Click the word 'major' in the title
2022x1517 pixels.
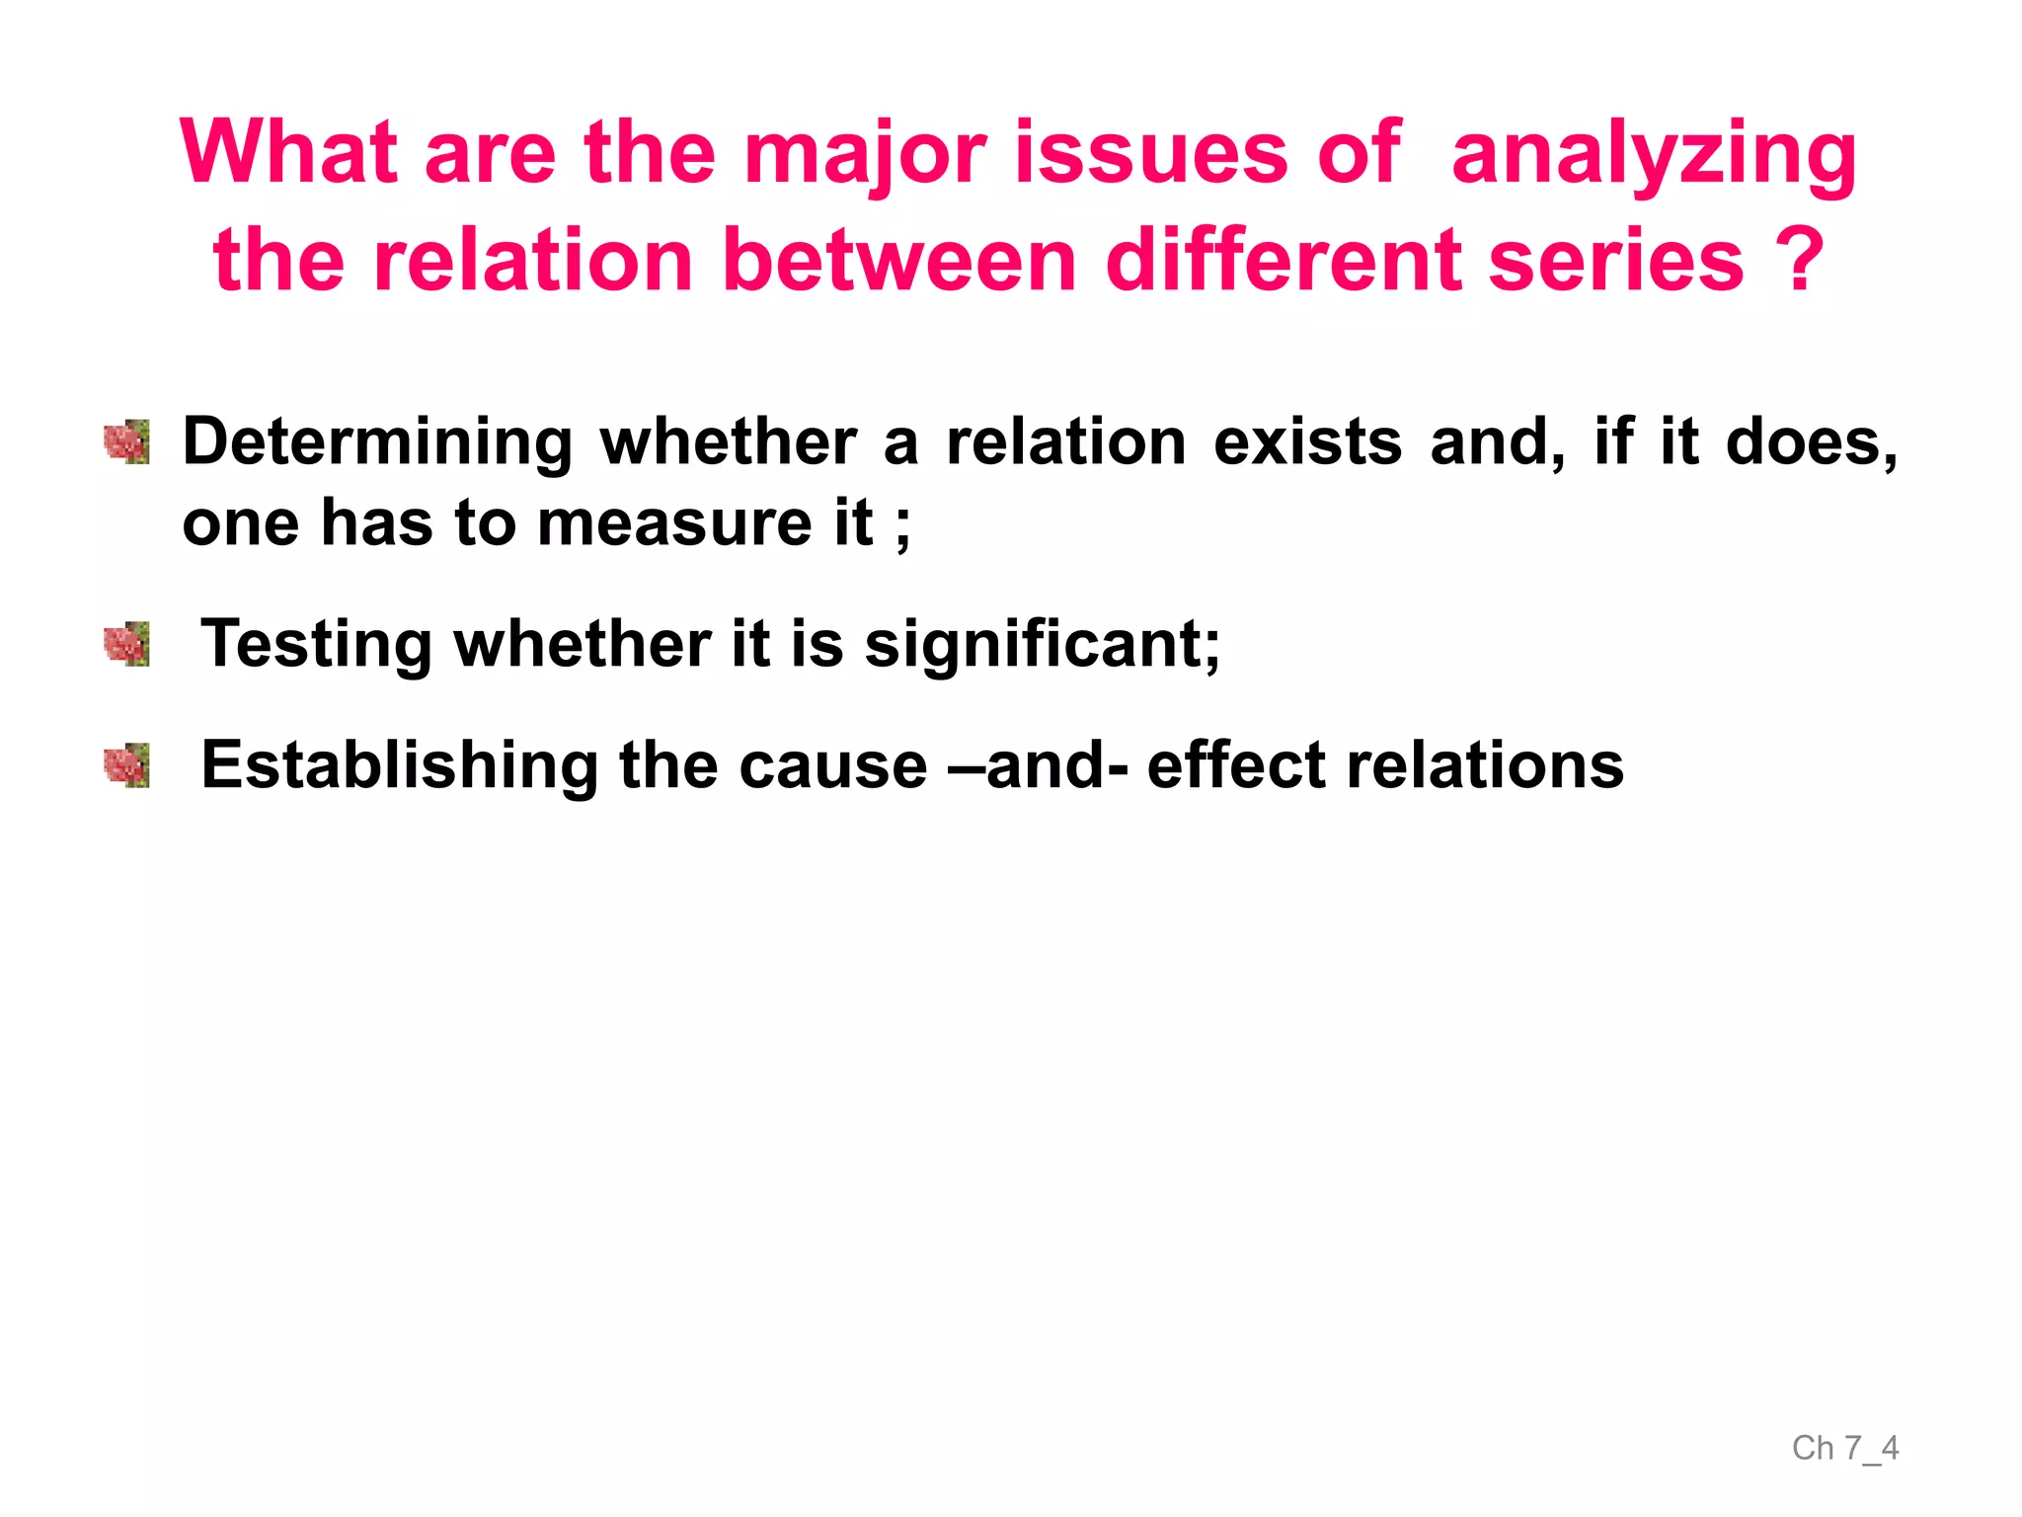click(x=865, y=154)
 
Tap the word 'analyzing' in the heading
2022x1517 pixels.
click(x=1654, y=154)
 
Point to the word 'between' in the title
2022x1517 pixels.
click(x=898, y=261)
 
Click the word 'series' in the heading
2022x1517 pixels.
click(x=1616, y=261)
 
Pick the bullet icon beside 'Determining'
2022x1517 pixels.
click(x=127, y=441)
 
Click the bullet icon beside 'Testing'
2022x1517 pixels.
click(x=127, y=645)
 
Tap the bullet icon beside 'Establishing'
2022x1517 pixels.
click(x=127, y=766)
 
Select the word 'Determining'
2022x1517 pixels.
click(x=377, y=441)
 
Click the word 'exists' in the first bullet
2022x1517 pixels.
click(x=1307, y=441)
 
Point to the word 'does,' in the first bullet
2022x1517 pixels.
click(x=1811, y=441)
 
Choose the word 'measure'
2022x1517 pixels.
click(x=674, y=522)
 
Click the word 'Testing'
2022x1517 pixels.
click(x=316, y=645)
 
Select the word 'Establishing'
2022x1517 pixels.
click(x=399, y=766)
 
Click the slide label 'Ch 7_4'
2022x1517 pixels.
click(x=1844, y=1448)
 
